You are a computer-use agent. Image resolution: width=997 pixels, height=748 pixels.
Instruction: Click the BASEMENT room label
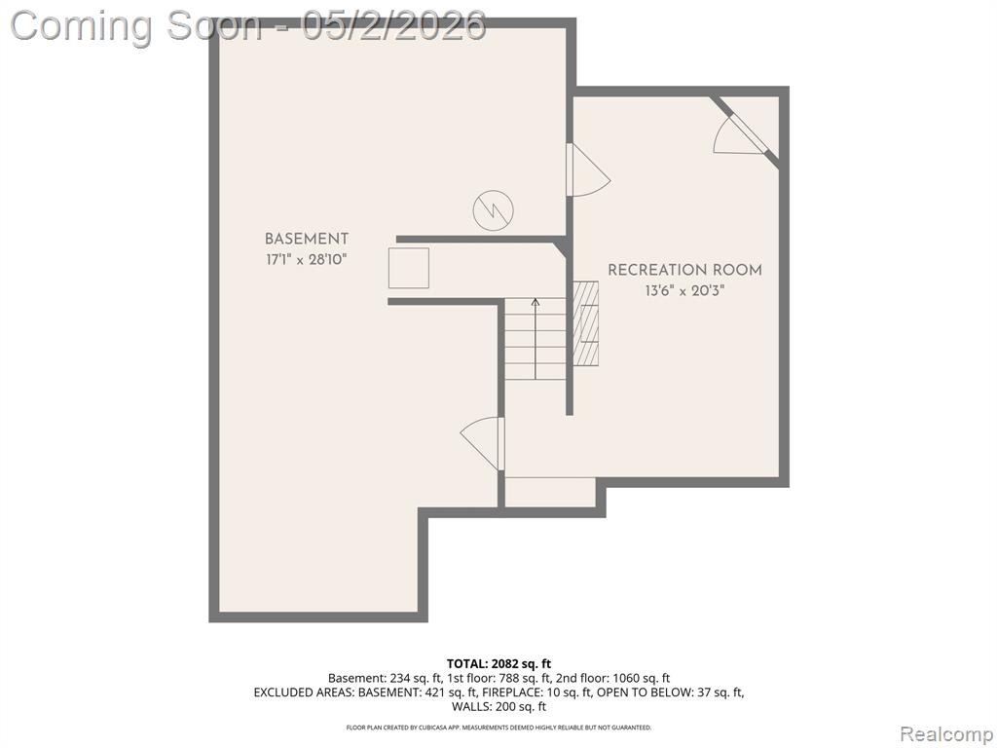point(307,240)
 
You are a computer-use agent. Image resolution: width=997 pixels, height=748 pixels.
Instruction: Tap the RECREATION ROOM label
point(684,271)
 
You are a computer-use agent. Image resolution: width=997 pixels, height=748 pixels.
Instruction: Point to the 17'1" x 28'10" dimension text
point(307,260)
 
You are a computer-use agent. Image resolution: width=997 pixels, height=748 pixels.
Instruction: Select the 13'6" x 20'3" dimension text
point(684,291)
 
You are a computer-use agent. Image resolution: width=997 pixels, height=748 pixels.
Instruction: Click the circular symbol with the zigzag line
point(493,210)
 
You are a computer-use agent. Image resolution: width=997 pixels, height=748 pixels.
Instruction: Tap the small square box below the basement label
point(409,269)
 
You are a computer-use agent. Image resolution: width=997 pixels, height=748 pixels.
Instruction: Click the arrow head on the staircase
point(535,303)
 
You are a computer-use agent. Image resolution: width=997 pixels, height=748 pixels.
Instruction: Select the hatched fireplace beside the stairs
point(585,323)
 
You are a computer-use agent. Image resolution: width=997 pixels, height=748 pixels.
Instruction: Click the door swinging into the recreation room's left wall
point(588,170)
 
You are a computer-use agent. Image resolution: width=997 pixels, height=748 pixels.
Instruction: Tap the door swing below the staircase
point(483,443)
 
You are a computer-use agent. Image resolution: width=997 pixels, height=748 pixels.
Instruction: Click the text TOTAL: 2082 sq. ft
point(498,664)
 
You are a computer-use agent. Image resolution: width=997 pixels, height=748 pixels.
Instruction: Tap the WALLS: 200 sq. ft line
point(498,706)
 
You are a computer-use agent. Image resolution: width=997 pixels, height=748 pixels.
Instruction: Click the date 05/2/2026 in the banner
point(393,26)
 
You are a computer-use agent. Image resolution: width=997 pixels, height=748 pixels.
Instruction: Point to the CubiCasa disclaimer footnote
point(498,727)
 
